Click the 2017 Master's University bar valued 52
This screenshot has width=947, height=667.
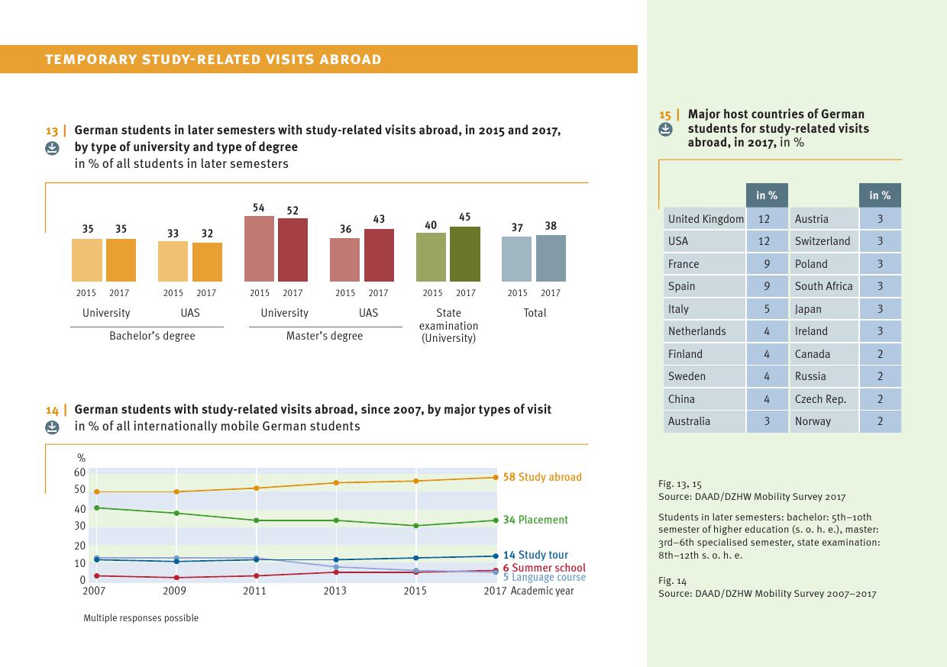click(293, 250)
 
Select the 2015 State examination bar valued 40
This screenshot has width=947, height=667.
click(431, 256)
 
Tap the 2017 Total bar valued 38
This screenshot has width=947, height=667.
click(551, 258)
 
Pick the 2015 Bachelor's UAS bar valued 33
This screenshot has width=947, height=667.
click(173, 261)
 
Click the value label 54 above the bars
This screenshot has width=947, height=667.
click(259, 208)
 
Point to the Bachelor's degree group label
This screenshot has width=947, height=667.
click(152, 336)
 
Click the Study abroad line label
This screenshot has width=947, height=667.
click(542, 477)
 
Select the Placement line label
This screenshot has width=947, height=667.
click(535, 520)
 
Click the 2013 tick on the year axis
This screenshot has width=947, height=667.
click(335, 591)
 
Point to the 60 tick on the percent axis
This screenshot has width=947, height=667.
click(79, 472)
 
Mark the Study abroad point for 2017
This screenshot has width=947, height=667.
click(495, 478)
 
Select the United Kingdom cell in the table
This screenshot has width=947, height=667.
click(705, 219)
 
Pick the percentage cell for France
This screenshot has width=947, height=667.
click(767, 264)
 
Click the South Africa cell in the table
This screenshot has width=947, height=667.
click(823, 286)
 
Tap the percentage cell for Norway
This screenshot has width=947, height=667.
click(880, 421)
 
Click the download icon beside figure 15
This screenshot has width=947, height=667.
click(665, 130)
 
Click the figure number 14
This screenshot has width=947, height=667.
click(52, 411)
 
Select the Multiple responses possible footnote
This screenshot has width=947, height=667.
click(141, 618)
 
